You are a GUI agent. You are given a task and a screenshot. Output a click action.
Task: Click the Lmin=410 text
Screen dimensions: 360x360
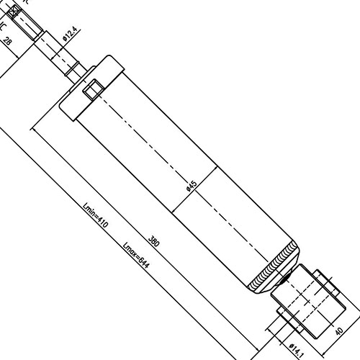(95, 216)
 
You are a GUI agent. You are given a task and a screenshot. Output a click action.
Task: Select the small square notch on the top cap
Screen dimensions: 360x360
(93, 91)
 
